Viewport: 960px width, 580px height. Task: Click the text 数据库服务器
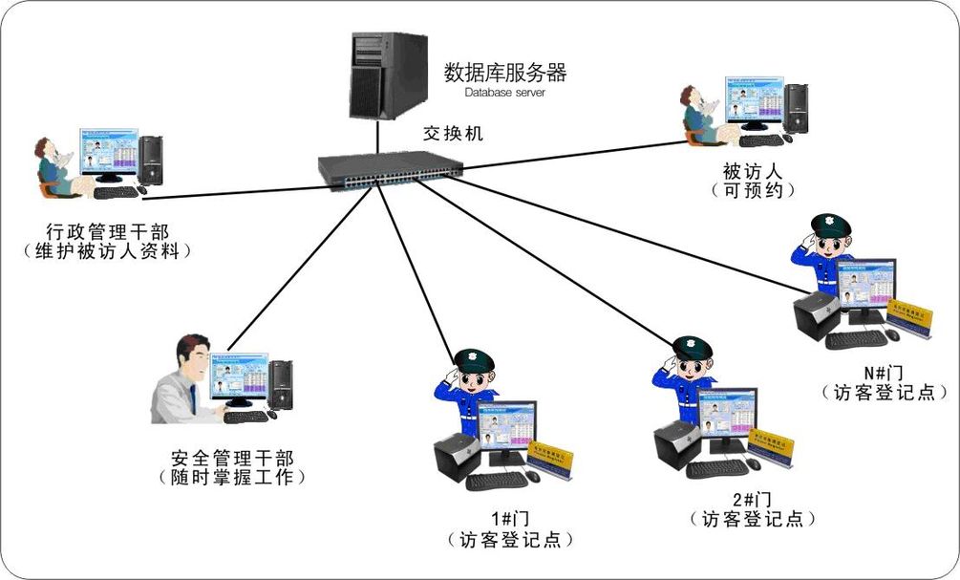(505, 72)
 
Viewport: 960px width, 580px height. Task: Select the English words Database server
(505, 93)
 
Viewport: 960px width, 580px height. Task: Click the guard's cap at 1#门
(474, 360)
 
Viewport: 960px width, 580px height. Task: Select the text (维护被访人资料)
(107, 250)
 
